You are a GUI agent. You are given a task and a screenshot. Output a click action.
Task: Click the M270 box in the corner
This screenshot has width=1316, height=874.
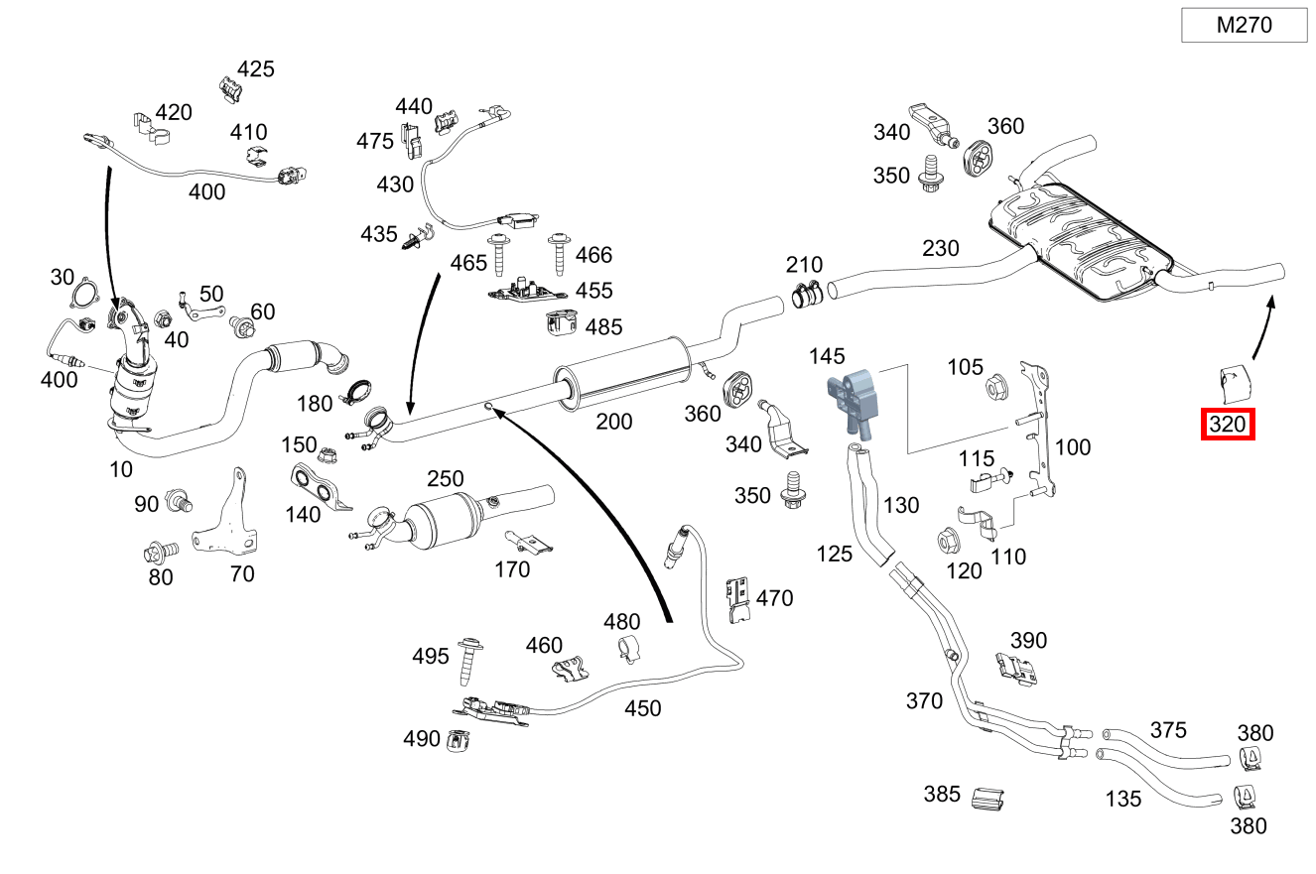1244,26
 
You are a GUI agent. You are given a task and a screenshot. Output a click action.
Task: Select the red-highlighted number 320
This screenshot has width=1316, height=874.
1227,426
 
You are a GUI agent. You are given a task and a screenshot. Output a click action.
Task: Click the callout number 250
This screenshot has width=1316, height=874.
446,479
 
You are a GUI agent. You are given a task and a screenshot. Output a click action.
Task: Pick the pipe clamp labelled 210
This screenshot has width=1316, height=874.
808,291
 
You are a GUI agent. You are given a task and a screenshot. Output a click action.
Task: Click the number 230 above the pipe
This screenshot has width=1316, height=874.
941,247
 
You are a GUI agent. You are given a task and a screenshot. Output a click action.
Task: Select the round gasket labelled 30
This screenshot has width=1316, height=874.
85,297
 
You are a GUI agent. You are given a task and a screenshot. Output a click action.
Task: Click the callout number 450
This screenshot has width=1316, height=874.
642,708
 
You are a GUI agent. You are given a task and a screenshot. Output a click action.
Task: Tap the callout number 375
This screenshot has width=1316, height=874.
1167,730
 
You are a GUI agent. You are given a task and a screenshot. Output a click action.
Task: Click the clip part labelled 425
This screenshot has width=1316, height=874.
229,90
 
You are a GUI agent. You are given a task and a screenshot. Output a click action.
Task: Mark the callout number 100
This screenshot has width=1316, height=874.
1072,447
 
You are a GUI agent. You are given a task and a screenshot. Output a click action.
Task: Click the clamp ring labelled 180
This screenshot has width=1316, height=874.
357,393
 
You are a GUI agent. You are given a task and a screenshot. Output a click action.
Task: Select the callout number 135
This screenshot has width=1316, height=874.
1122,798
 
